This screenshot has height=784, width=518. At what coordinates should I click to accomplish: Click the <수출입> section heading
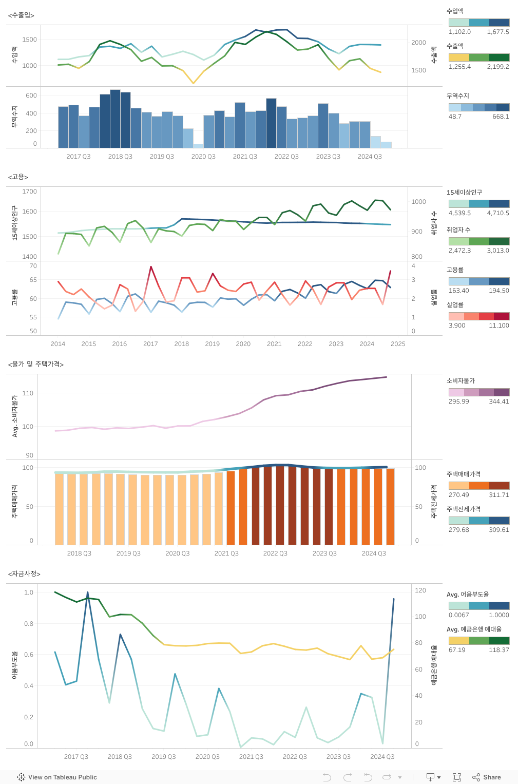coord(21,15)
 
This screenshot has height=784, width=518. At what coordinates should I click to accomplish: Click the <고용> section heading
coord(18,177)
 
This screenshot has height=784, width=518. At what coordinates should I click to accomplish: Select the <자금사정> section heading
coord(24,573)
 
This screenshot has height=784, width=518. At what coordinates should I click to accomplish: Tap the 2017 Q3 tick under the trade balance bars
coord(79,157)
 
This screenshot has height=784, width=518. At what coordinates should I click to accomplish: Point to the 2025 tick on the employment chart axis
coord(398,344)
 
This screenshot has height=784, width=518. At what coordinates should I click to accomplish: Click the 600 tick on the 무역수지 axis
coord(31,95)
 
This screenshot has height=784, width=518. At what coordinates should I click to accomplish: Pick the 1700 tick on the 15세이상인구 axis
coord(30,192)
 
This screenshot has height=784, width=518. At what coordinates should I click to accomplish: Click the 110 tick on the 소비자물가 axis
coord(28,393)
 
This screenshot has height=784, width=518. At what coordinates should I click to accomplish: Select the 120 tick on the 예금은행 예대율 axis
coord(420,590)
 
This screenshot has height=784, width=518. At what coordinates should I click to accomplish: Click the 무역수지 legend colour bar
coord(479,107)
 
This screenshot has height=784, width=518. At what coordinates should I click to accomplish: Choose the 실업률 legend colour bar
coord(479,316)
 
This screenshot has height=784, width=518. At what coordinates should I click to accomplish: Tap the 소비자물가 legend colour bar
coord(479,392)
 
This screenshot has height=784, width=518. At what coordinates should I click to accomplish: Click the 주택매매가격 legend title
coord(464,474)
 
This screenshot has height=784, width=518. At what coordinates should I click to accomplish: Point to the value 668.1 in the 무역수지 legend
coord(501,117)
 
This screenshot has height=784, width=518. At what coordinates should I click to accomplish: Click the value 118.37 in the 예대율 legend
coord(499,650)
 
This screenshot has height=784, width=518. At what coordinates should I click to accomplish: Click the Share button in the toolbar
coord(487,777)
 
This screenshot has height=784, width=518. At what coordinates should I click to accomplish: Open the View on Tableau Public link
coord(57,777)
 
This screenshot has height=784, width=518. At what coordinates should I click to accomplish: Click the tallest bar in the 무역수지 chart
coord(115,119)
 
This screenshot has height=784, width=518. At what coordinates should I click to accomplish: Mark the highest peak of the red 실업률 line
coord(151,267)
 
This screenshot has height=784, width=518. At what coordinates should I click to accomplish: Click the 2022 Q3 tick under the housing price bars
coord(275,553)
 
